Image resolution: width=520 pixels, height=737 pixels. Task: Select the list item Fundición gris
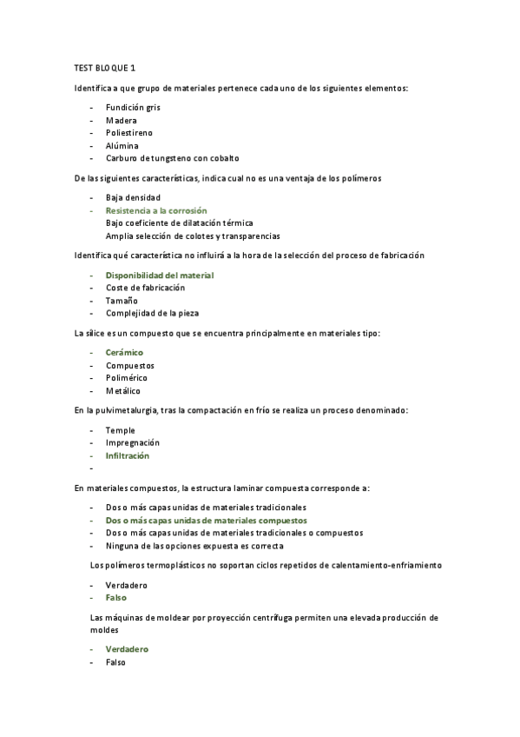[x=133, y=107]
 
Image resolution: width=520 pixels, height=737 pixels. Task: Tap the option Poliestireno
[x=129, y=133]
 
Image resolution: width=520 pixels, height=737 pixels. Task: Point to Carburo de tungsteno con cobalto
[x=172, y=158]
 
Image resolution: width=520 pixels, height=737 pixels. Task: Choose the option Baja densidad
[x=133, y=197]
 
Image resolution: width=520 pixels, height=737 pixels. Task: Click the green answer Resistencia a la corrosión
[x=156, y=210]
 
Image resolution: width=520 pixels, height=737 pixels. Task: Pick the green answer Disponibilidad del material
[x=160, y=275]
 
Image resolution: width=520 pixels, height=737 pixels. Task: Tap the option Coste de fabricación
[x=145, y=288]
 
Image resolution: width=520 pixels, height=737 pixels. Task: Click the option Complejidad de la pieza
[x=150, y=313]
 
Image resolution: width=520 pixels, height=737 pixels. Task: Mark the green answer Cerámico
[x=124, y=352]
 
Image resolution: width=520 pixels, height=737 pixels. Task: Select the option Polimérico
[x=127, y=378]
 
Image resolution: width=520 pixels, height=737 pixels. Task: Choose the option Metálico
[x=122, y=391]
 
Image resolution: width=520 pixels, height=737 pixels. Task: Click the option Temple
[x=120, y=430]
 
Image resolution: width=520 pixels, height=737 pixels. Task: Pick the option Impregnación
[x=133, y=442]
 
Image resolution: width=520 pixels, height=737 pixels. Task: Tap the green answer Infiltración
[x=128, y=455]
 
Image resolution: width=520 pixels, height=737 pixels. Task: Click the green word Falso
[x=117, y=598]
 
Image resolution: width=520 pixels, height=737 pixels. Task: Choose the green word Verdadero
[x=127, y=649]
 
